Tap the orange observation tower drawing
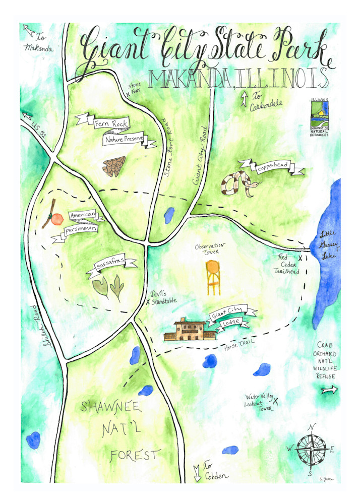click(x=214, y=277)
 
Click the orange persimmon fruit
click(x=57, y=218)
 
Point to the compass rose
click(x=312, y=447)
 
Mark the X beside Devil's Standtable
click(x=148, y=302)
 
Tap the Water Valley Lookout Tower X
click(x=276, y=400)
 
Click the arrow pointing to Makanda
click(x=28, y=31)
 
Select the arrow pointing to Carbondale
click(x=244, y=99)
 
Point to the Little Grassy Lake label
click(x=331, y=245)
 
